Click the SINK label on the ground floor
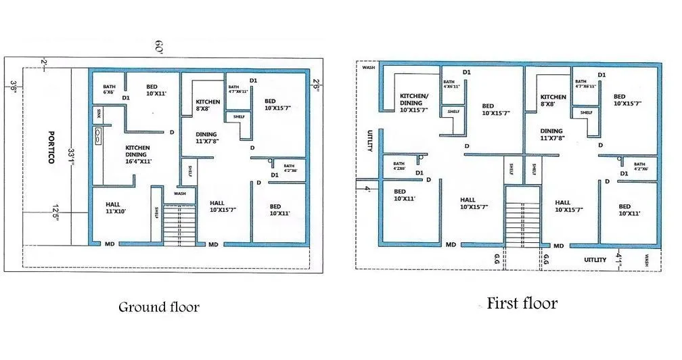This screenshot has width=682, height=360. pyautogui.click(x=99, y=111)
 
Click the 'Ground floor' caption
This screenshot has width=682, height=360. pyautogui.click(x=159, y=307)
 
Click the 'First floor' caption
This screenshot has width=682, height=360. pyautogui.click(x=522, y=303)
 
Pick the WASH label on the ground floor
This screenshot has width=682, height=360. pyautogui.click(x=179, y=193)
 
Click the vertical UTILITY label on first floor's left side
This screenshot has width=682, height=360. pyautogui.click(x=370, y=141)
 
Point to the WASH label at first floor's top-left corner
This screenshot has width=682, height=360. pyautogui.click(x=369, y=68)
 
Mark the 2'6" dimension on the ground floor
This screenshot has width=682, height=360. pyautogui.click(x=316, y=85)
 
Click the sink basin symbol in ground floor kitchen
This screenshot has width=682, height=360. pyautogui.click(x=99, y=135)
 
